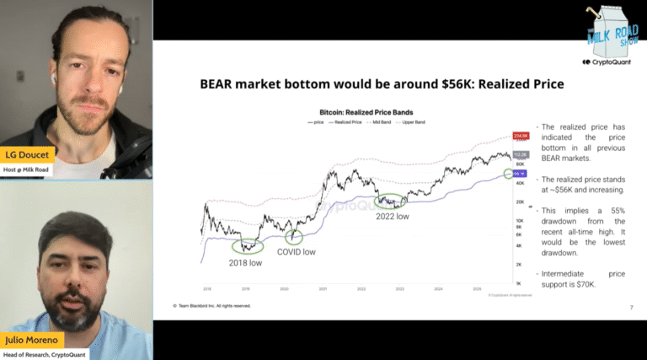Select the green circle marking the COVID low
coord(294,238)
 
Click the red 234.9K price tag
coord(520,135)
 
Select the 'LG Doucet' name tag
coord(28,154)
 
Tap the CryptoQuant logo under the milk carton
coord(607,62)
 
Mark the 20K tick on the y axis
coord(518,202)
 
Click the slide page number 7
coord(631,308)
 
